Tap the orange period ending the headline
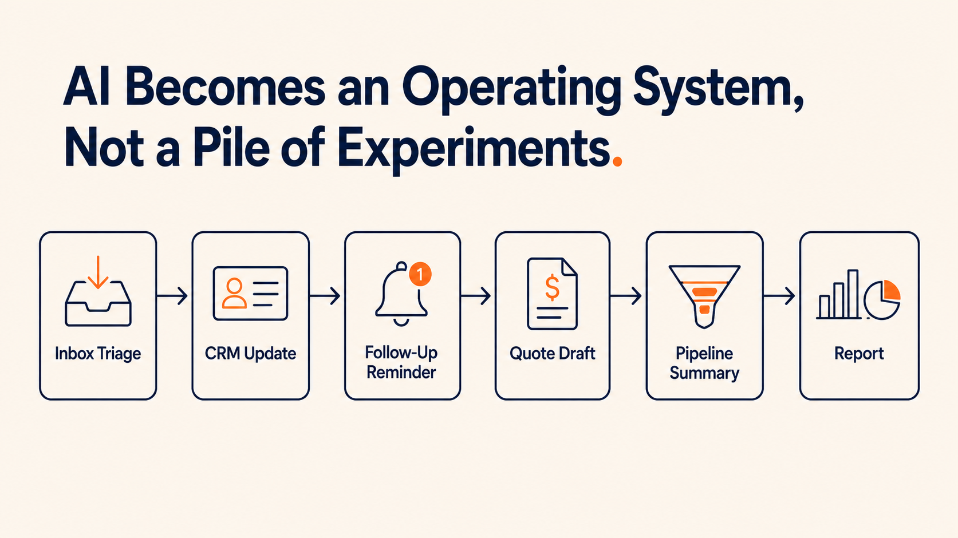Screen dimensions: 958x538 click(x=617, y=161)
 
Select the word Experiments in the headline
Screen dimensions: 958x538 click(x=474, y=149)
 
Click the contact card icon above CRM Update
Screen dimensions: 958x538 click(x=250, y=293)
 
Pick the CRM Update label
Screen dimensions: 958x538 click(x=250, y=354)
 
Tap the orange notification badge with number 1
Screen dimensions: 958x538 click(x=420, y=274)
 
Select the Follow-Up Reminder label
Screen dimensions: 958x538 click(x=401, y=362)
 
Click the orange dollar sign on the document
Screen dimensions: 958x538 click(x=552, y=287)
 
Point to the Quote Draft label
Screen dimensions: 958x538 click(x=553, y=354)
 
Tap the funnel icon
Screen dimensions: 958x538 click(x=704, y=296)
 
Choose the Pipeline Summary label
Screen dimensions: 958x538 click(x=704, y=363)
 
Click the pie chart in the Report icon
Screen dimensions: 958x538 click(x=882, y=300)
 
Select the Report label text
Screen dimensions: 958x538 click(x=859, y=354)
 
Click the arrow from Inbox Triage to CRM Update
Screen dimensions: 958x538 click(x=172, y=296)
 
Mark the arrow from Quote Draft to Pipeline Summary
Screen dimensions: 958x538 click(x=626, y=296)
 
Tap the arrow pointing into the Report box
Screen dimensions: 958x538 click(x=779, y=296)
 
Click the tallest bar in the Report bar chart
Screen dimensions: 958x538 click(x=853, y=294)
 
